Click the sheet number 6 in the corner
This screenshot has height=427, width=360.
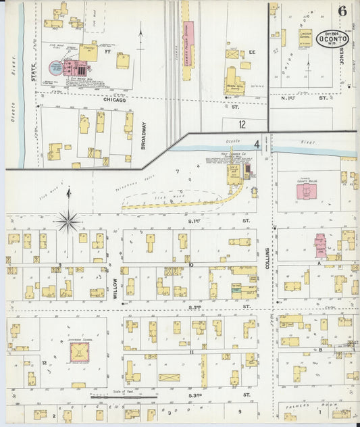click(x=343, y=11)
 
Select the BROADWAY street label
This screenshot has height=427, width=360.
click(x=143, y=135)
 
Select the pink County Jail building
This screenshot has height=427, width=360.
click(x=320, y=243)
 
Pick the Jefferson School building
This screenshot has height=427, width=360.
click(x=80, y=352)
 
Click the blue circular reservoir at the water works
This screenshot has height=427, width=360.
click(x=55, y=68)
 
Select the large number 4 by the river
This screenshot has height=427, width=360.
click(x=257, y=144)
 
